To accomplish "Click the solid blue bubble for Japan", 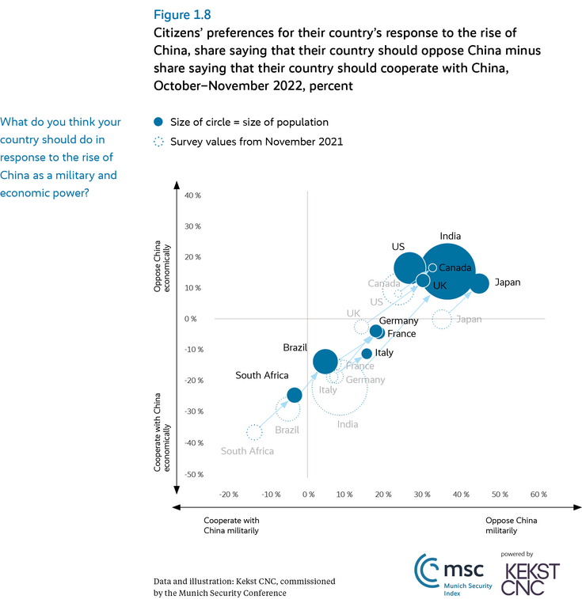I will click(x=480, y=283).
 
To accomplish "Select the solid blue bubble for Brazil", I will click(x=325, y=362).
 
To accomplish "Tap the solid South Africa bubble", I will click(x=294, y=395).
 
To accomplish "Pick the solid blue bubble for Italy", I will click(x=367, y=353).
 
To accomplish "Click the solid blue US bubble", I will click(x=409, y=268).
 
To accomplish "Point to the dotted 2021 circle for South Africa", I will click(x=253, y=432).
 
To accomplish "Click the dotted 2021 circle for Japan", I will click(x=442, y=320).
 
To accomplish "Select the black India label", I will click(x=451, y=236).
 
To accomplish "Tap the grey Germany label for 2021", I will click(x=365, y=380).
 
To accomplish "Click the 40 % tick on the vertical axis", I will click(x=192, y=195).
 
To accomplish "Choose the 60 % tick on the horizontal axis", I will click(x=538, y=495).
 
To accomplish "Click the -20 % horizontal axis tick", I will click(x=228, y=495).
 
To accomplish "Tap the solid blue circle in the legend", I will click(x=158, y=122).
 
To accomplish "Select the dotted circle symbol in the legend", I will click(x=158, y=142).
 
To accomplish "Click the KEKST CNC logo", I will click(x=532, y=578).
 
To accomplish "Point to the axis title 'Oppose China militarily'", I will click(x=511, y=525).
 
